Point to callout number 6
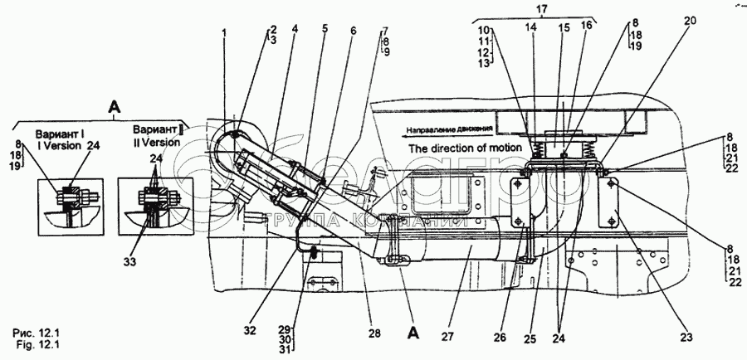353,32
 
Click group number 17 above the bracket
543,10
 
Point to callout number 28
375,333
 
